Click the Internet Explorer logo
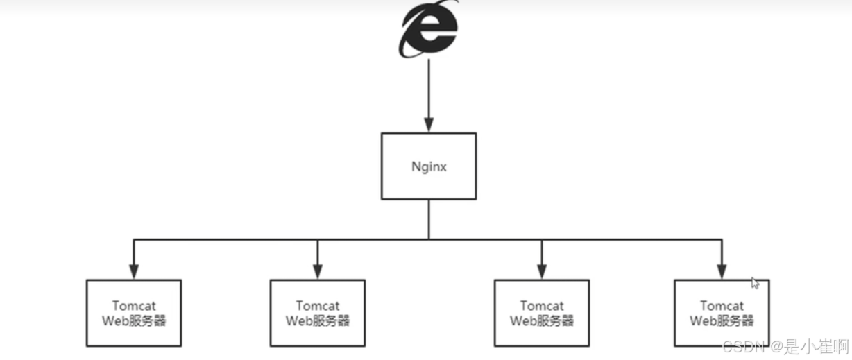tap(428, 30)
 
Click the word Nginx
tap(429, 166)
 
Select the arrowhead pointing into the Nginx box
tap(429, 126)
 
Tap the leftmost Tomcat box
tap(134, 313)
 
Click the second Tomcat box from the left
tap(317, 313)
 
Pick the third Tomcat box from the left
tap(541, 313)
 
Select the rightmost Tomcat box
tap(722, 313)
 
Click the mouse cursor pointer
tap(755, 282)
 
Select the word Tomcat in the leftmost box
tap(134, 306)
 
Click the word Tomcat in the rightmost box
tap(722, 306)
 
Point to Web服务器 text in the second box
tap(317, 320)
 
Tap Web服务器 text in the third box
tap(541, 320)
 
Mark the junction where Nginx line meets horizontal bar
tap(429, 239)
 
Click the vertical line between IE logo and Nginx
tap(429, 90)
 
